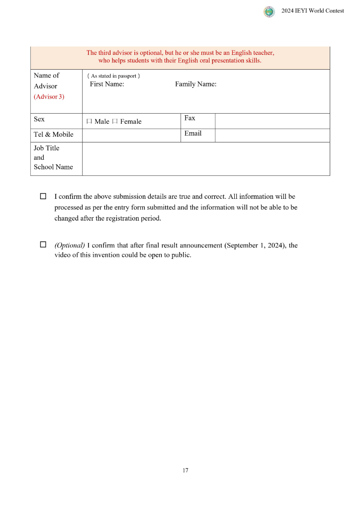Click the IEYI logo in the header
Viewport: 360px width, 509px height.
click(269, 12)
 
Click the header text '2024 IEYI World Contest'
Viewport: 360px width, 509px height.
click(313, 11)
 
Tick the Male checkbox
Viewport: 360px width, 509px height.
click(89, 122)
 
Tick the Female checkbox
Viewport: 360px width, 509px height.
click(115, 122)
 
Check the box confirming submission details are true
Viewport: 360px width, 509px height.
click(43, 196)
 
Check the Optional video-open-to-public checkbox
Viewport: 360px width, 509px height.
click(43, 245)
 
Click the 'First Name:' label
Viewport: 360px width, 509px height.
click(107, 84)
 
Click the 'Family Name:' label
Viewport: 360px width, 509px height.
click(196, 84)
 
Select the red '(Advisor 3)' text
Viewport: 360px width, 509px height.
click(49, 97)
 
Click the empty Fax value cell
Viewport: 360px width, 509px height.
click(272, 121)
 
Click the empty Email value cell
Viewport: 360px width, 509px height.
click(272, 136)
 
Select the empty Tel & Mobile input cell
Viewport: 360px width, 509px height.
click(131, 136)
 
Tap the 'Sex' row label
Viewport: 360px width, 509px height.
click(39, 119)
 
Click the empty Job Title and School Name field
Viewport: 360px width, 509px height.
click(206, 159)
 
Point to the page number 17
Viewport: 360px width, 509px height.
click(185, 470)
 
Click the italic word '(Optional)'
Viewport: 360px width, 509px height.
click(70, 245)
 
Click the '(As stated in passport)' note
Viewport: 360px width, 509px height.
click(113, 76)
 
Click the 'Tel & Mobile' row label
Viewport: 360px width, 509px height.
click(53, 134)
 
